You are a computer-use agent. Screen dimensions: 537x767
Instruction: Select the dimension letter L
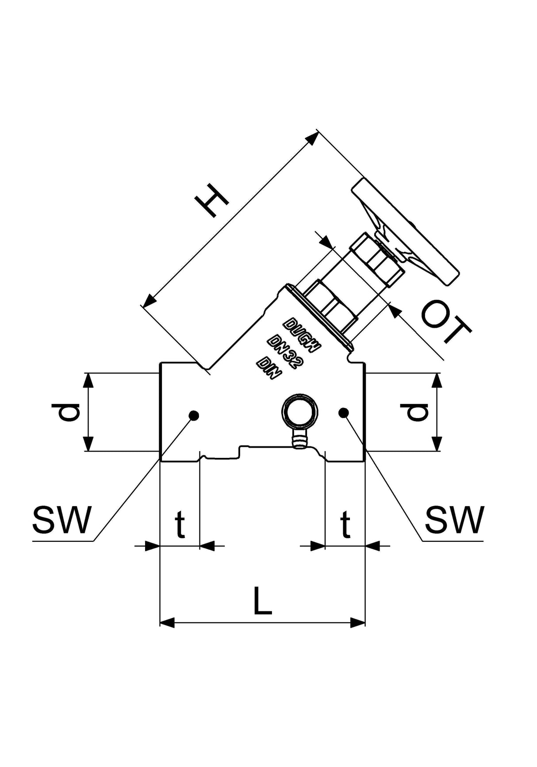(262, 601)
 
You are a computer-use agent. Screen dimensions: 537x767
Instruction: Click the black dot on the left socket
(194, 415)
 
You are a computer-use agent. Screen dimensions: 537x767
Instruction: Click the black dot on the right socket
(343, 412)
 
